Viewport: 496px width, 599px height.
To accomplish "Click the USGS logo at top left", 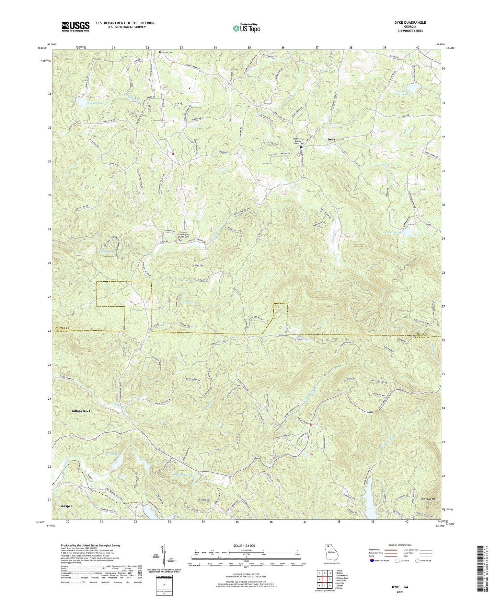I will (76, 26).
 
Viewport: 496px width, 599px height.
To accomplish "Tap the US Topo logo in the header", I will (246, 28).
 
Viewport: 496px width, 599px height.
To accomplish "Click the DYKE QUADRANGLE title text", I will (410, 23).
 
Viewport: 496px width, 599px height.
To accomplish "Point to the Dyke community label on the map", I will (331, 140).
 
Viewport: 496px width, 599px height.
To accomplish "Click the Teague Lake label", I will (86, 103).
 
